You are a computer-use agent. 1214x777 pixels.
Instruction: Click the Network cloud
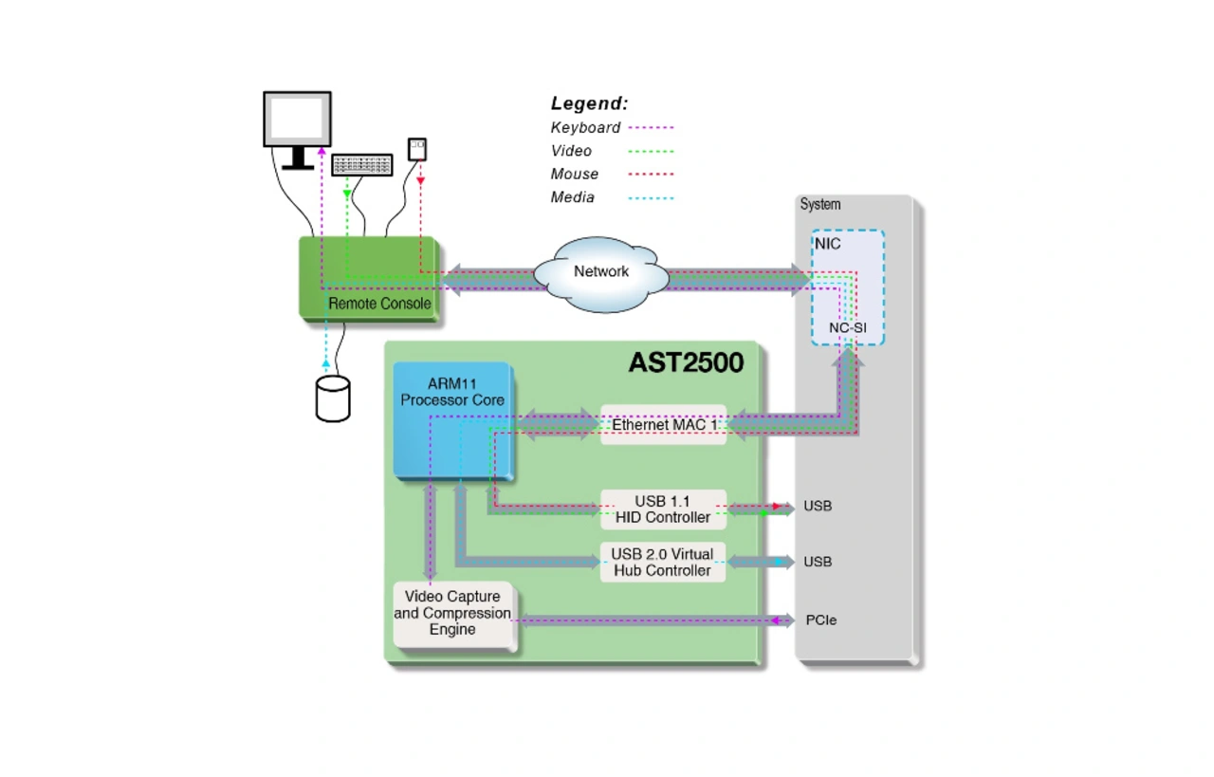tap(601, 274)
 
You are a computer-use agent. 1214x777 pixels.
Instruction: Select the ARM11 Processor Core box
tap(453, 421)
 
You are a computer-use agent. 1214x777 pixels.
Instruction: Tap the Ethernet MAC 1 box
tap(663, 425)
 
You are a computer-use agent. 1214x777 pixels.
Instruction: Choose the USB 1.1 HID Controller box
tap(663, 509)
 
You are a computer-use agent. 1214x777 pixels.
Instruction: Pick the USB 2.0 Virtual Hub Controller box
tap(663, 563)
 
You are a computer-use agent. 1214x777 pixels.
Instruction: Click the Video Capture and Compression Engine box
tap(454, 615)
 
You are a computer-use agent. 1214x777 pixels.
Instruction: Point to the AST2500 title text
tap(686, 362)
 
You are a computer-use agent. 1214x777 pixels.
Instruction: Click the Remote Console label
tap(379, 304)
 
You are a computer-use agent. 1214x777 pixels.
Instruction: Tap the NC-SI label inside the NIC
tap(848, 328)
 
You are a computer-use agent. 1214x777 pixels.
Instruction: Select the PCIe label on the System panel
tap(821, 620)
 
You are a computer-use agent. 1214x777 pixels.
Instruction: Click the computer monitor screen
tap(297, 119)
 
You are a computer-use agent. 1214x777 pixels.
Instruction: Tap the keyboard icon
tap(362, 165)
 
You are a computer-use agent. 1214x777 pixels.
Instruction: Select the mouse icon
tap(416, 149)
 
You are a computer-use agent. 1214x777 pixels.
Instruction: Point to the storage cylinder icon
tap(333, 398)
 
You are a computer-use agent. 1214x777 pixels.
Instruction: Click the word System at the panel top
tap(820, 204)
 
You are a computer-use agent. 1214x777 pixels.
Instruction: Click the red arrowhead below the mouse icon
tap(420, 180)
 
